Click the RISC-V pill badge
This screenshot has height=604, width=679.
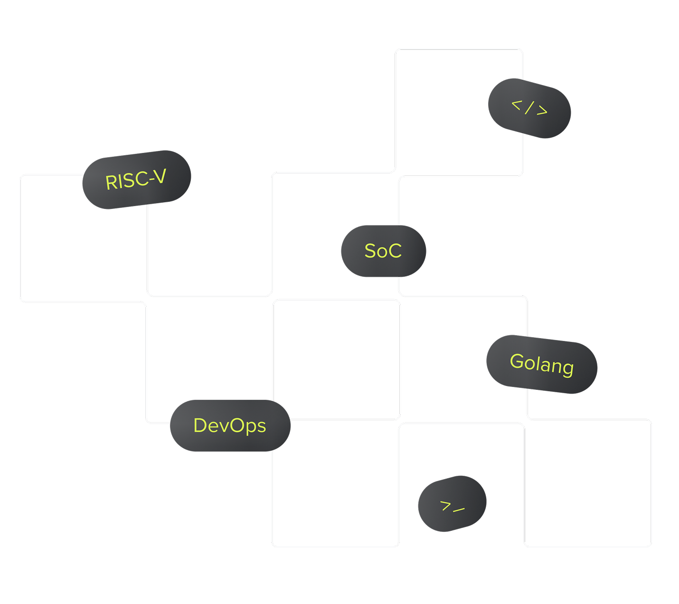click(136, 179)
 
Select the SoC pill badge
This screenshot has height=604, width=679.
click(383, 251)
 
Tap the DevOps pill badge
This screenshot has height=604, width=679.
click(230, 425)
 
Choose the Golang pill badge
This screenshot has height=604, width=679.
click(542, 364)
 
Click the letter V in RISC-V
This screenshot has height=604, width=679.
click(160, 176)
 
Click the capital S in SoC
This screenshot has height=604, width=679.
click(370, 251)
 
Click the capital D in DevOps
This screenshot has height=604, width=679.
click(200, 425)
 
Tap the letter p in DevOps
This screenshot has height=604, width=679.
click(252, 428)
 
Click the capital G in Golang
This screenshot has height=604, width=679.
click(517, 361)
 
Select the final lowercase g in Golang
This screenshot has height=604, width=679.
click(568, 369)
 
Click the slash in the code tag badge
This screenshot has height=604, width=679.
click(529, 108)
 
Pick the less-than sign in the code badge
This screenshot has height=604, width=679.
click(517, 105)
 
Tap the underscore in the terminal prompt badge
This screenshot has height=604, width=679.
click(459, 510)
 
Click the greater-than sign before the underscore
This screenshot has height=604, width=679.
click(445, 505)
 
